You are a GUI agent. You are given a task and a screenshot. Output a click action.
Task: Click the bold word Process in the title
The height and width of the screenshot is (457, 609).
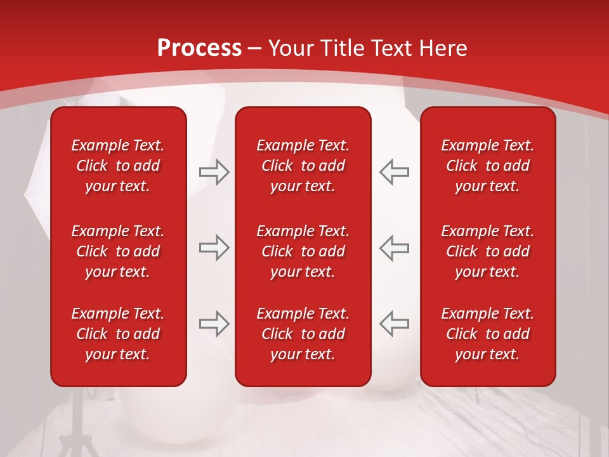199,48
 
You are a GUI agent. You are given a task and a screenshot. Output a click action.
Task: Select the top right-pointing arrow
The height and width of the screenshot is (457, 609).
214,172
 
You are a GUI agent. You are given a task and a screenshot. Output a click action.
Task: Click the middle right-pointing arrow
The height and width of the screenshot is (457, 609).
214,248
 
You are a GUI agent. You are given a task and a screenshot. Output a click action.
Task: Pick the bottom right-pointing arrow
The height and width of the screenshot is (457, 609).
214,323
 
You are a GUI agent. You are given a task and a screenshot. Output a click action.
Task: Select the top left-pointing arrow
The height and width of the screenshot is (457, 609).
395,172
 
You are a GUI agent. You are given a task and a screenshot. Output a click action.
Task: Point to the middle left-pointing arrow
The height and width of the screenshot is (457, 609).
395,248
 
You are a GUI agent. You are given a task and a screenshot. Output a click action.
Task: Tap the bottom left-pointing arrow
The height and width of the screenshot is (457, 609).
395,323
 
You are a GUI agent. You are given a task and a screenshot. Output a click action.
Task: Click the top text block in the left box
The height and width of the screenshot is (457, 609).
118,166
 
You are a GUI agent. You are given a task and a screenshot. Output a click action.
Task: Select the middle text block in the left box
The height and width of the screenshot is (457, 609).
118,251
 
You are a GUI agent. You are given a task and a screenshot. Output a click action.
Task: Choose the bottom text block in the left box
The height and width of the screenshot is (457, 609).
118,334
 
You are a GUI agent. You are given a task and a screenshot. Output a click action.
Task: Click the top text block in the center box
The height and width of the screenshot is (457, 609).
303,166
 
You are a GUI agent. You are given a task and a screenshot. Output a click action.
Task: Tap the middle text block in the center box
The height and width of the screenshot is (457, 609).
303,251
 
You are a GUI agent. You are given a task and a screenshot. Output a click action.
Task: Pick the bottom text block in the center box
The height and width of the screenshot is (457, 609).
303,334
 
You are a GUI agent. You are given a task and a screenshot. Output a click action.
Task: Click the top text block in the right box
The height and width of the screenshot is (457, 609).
487,166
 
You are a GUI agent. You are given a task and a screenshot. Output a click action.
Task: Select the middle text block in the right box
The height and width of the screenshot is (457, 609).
487,251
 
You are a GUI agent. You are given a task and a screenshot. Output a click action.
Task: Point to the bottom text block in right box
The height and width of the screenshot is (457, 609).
487,334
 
